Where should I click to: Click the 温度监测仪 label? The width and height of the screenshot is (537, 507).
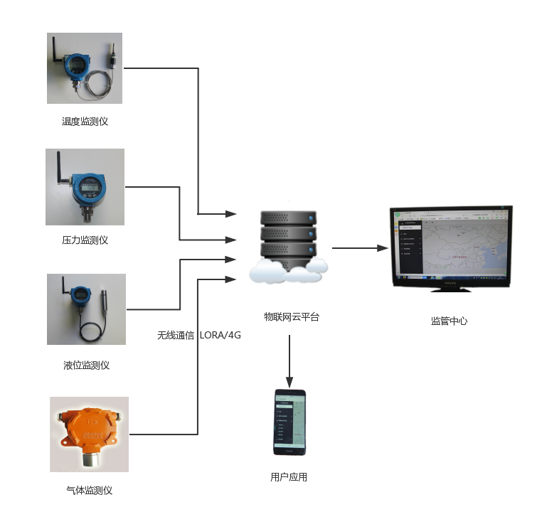[85, 122]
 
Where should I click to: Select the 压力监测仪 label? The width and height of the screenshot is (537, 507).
[85, 240]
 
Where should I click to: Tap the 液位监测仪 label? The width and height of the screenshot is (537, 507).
[86, 365]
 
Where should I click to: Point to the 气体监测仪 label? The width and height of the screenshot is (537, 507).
[89, 491]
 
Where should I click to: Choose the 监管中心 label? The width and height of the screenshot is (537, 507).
[449, 321]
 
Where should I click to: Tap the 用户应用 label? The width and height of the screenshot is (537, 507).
[289, 477]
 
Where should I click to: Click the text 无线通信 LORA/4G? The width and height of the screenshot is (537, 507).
[199, 335]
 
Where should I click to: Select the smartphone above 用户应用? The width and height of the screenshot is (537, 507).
[289, 422]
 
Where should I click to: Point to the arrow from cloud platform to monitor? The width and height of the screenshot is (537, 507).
[359, 248]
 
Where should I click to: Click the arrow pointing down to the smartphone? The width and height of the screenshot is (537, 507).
[289, 359]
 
